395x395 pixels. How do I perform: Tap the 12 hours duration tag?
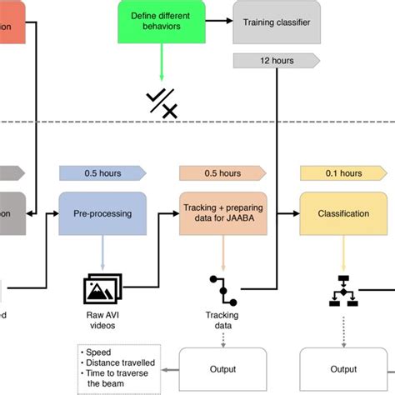(274, 60)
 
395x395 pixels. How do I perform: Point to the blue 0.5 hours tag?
(102, 173)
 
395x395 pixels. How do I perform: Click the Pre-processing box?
(102, 213)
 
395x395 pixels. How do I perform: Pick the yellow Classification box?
(343, 213)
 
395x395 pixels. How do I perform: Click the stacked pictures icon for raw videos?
(103, 288)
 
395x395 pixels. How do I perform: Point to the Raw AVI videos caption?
(103, 319)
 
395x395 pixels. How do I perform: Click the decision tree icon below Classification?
(343, 288)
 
